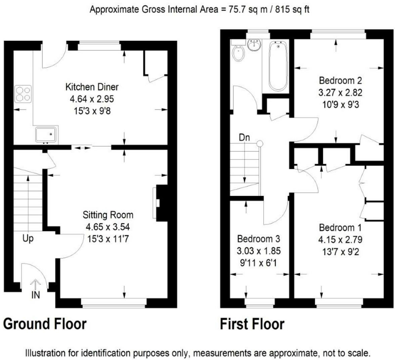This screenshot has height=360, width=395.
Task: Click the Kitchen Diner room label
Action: pyautogui.click(x=92, y=87)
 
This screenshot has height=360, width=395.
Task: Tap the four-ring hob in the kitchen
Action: pyautogui.click(x=23, y=94)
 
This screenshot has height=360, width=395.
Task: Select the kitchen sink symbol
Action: pyautogui.click(x=46, y=134)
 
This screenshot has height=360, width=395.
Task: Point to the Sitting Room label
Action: pyautogui.click(x=108, y=215)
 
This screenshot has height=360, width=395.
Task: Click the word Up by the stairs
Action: pyautogui.click(x=28, y=238)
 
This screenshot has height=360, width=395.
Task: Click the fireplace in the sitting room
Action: pyautogui.click(x=160, y=203)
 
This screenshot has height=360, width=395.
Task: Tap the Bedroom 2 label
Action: pyautogui.click(x=340, y=80)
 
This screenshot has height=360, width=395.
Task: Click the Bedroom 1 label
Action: pyautogui.click(x=340, y=227)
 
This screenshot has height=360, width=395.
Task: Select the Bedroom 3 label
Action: pyautogui.click(x=259, y=238)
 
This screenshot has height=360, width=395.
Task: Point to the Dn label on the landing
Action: pyautogui.click(x=245, y=138)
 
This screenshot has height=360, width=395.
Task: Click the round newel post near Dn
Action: pyautogui.click(x=260, y=144)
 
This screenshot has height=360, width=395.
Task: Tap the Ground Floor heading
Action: pyautogui.click(x=45, y=324)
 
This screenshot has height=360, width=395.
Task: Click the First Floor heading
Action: pyautogui.click(x=252, y=324)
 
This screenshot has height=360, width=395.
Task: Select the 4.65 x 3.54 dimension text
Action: pyautogui.click(x=108, y=227)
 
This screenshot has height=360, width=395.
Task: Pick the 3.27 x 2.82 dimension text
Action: pyautogui.click(x=340, y=93)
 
